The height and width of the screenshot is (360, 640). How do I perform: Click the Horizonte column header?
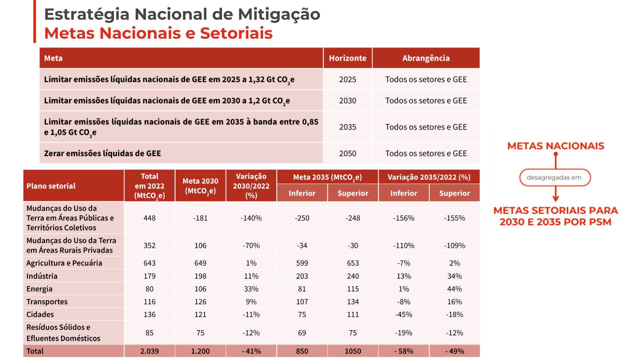(x=347, y=58)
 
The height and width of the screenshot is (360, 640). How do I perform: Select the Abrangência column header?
(x=426, y=58)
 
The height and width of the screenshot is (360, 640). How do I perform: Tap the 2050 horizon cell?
(x=347, y=153)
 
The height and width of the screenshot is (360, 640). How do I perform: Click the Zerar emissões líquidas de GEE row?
(x=102, y=153)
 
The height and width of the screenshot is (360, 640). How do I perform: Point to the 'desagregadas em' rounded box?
(x=555, y=177)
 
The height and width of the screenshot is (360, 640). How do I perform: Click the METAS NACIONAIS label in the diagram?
(x=556, y=146)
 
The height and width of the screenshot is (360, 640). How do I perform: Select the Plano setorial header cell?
(x=51, y=186)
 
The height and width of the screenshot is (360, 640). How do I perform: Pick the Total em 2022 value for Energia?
(x=149, y=289)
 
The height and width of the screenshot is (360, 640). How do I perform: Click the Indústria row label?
(x=42, y=276)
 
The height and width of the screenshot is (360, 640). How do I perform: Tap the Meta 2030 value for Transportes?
(x=200, y=302)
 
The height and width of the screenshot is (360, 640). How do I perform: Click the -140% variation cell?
(x=251, y=218)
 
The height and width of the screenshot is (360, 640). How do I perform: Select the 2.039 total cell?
(x=149, y=351)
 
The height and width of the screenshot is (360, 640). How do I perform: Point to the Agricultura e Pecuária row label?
(x=64, y=263)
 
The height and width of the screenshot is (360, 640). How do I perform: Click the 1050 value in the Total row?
(x=353, y=351)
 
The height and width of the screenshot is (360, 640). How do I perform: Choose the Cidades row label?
(x=40, y=314)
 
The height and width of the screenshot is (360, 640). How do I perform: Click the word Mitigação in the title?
(x=279, y=14)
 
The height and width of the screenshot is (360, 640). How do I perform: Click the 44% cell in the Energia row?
(x=454, y=289)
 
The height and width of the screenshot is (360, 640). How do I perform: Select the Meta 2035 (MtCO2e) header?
(x=327, y=177)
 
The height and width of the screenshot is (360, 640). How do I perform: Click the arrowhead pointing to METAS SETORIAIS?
(x=556, y=199)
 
